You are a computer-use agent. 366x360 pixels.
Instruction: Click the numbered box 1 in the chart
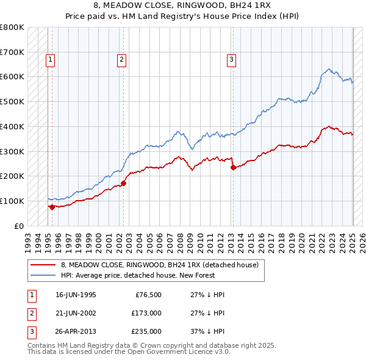click(49, 60)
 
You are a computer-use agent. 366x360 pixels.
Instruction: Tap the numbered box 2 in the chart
click(122, 60)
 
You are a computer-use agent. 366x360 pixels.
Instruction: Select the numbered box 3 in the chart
click(232, 60)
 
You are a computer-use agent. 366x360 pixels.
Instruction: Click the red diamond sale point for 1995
click(52, 207)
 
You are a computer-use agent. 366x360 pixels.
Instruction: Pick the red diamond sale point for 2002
click(123, 182)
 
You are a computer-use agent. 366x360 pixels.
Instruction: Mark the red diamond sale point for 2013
click(233, 167)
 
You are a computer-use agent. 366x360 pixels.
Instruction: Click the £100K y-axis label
click(12, 201)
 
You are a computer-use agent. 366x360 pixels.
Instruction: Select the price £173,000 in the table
click(146, 313)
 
